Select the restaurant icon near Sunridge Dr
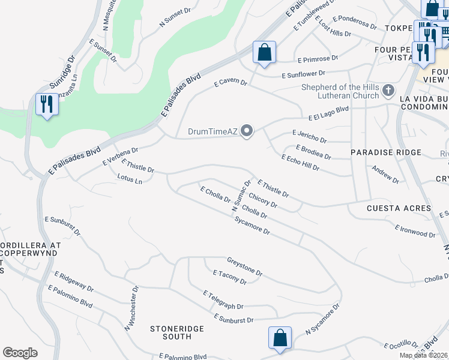point(46,105)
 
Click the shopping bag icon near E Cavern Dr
point(264,53)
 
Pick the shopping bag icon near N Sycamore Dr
point(280,338)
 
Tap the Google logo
point(20,353)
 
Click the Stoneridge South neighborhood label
point(177,333)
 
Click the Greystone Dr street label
point(244,266)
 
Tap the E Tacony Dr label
point(229,277)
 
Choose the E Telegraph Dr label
point(223,301)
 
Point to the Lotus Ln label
point(130,179)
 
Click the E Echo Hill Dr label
point(300,162)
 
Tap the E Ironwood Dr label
point(415,230)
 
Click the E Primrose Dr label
point(318,59)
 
